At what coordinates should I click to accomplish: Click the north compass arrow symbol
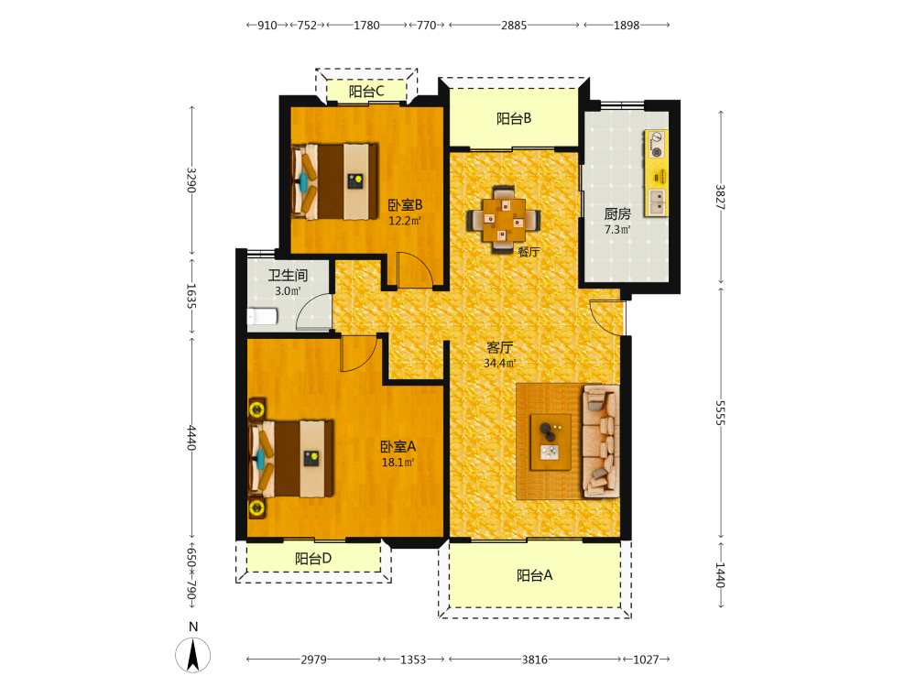[192, 655]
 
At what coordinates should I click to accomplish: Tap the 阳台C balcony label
[366, 92]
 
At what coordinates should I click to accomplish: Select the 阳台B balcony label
[514, 118]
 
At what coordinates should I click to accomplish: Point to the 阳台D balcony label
[313, 559]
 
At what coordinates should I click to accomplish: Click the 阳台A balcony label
[535, 575]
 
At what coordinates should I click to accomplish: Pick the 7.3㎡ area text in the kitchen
[617, 230]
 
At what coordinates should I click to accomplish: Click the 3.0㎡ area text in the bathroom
[288, 291]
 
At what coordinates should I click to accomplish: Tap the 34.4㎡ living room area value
[499, 363]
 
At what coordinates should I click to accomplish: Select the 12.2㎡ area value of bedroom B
[405, 221]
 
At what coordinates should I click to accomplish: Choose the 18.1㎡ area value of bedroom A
[398, 462]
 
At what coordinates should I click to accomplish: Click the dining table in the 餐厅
[503, 220]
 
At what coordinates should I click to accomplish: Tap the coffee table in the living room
[551, 442]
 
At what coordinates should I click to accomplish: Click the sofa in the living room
[601, 442]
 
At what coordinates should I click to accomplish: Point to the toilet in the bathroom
[262, 317]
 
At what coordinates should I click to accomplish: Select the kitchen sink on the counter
[657, 202]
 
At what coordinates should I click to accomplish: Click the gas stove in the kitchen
[657, 145]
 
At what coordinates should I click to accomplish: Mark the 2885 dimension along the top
[514, 25]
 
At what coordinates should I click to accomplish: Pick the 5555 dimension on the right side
[720, 412]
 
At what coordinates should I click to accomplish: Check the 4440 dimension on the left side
[191, 438]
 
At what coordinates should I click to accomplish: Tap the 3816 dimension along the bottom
[535, 660]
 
